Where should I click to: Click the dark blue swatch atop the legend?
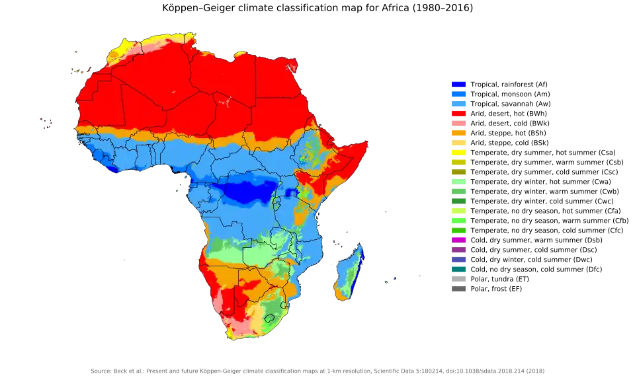(x=459, y=84)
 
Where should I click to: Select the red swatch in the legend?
(x=459, y=113)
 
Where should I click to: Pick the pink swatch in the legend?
(x=459, y=123)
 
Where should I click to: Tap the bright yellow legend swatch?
(x=459, y=152)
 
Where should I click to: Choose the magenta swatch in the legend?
(x=459, y=240)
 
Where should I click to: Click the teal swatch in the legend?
(x=459, y=269)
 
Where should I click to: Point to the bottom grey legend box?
(x=460, y=289)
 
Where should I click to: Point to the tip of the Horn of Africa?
(x=366, y=141)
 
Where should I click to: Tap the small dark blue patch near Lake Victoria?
(x=290, y=192)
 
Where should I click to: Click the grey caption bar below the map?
(x=317, y=369)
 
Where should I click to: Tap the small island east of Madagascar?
(x=386, y=282)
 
